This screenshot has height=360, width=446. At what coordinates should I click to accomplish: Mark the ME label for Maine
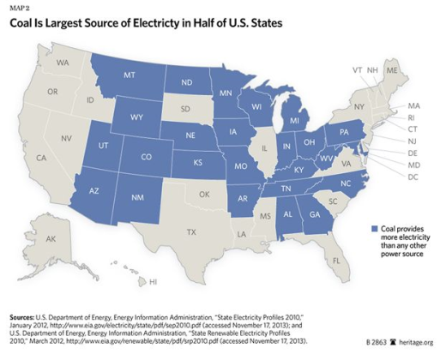[393, 73]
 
